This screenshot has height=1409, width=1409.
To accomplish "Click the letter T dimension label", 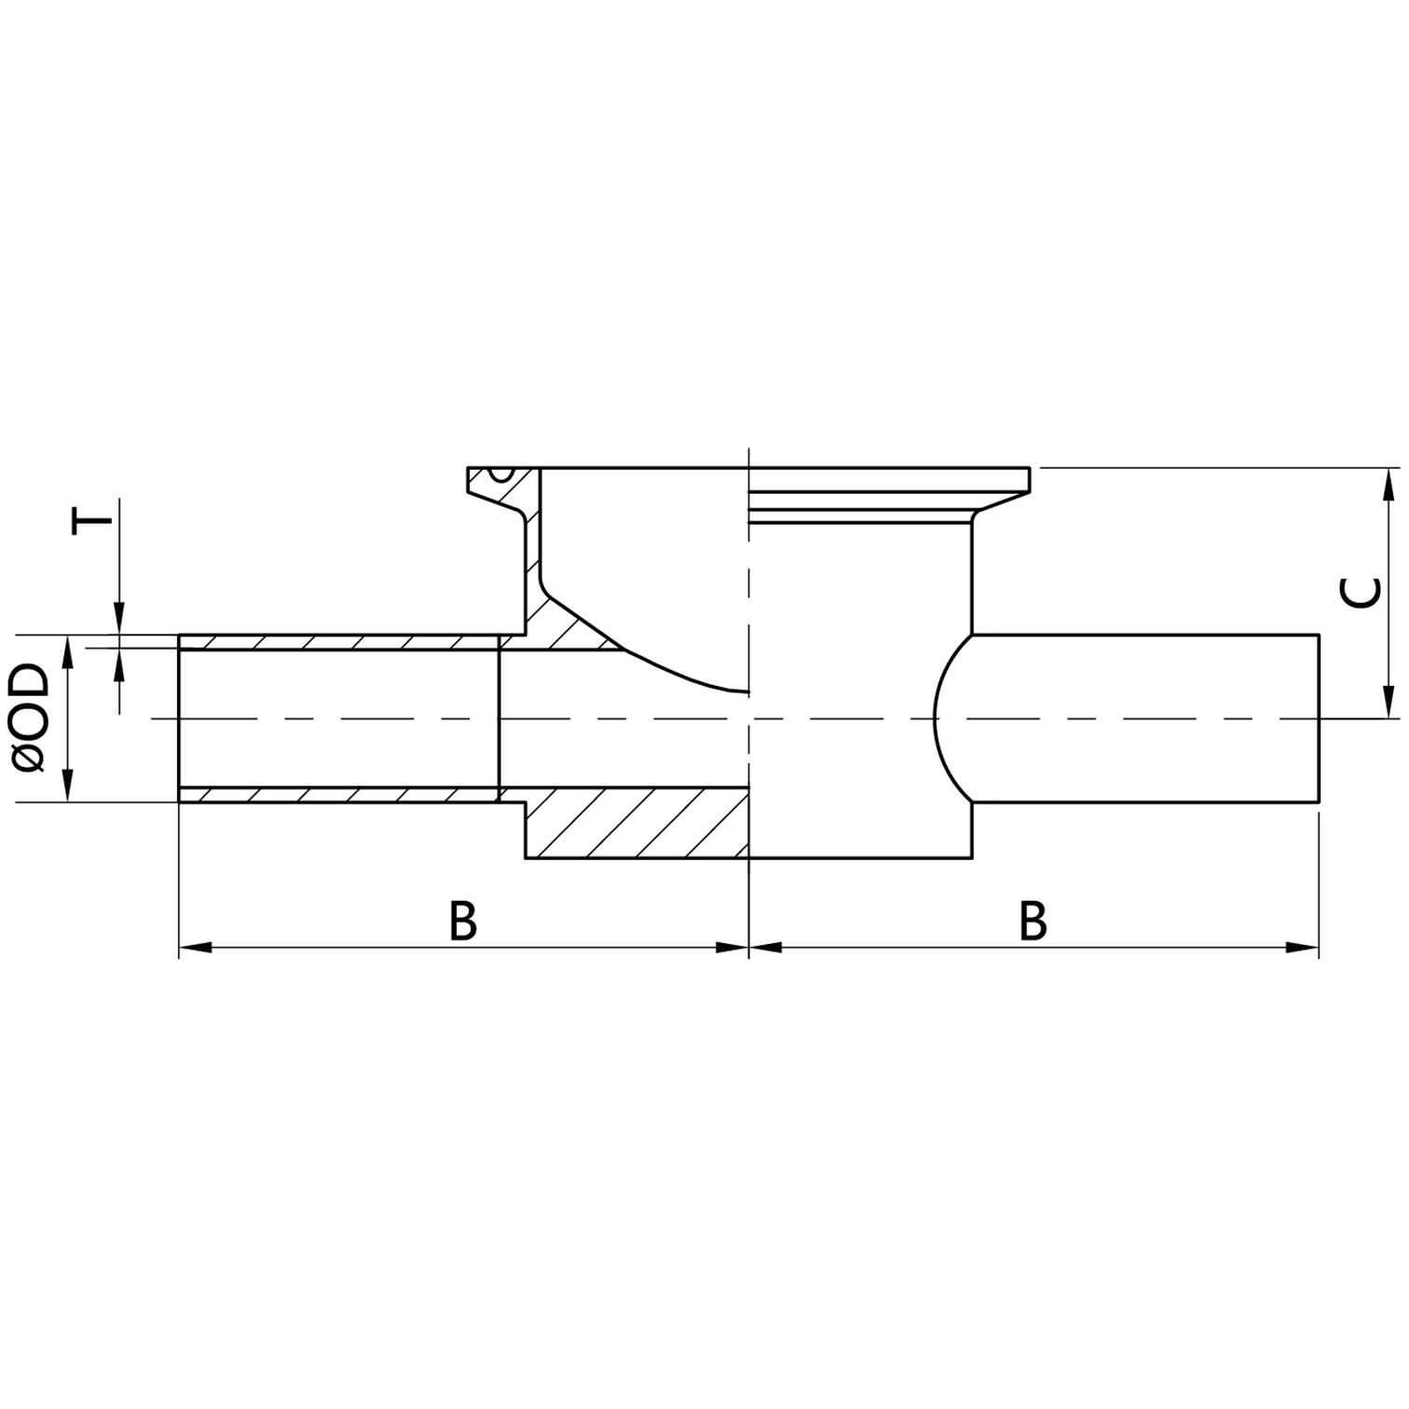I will tap(91, 518).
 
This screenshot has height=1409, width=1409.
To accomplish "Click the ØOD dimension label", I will tap(32, 718).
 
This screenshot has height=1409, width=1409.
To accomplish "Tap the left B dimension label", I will tap(463, 921).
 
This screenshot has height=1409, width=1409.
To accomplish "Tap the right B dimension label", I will tap(1033, 921).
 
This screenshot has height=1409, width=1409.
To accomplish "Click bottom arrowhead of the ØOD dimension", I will tap(67, 787).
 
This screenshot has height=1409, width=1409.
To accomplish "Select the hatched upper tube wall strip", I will tap(335, 643).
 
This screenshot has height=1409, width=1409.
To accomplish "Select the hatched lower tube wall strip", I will tap(335, 795).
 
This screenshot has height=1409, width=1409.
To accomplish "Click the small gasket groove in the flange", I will tap(503, 472).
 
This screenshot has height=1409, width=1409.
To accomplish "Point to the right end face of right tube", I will tap(1319, 718).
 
